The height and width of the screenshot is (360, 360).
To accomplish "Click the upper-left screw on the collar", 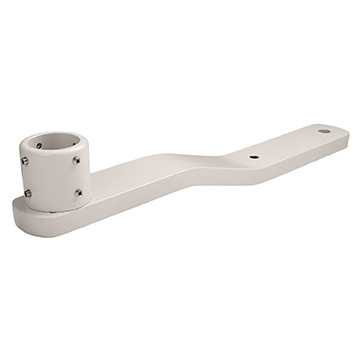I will tap(24, 159).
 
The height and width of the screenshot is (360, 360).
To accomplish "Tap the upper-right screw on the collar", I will tap(75, 160).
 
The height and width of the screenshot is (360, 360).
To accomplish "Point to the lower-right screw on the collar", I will tap(78, 192).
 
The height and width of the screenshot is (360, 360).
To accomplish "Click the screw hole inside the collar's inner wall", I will tap(39, 146).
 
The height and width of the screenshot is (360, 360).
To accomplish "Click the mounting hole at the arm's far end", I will tap(323, 131).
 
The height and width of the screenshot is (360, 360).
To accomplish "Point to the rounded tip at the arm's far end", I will tap(343, 137).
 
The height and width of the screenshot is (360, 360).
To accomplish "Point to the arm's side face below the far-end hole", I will tap(320, 151).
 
